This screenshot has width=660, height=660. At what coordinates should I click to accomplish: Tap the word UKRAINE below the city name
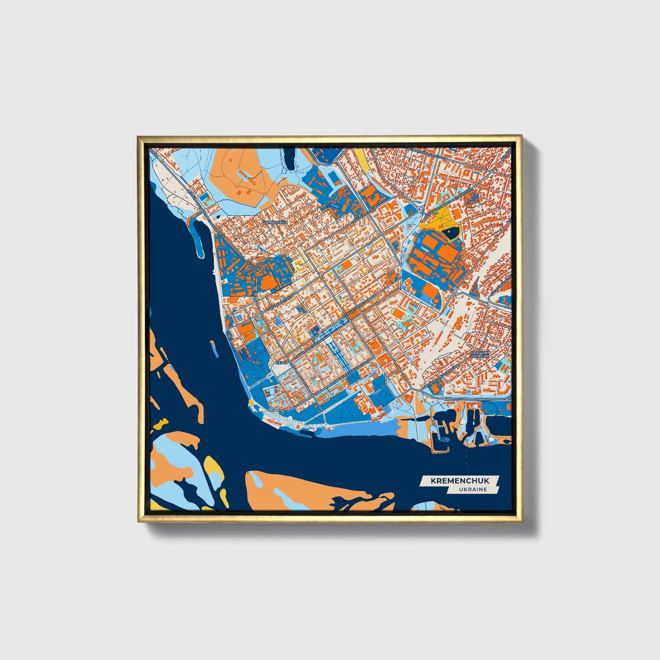[474, 489]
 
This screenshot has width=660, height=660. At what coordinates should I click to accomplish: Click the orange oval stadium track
[399, 314]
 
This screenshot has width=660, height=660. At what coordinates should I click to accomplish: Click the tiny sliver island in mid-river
[213, 349]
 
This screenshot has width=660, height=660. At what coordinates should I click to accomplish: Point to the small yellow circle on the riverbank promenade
[251, 403]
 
